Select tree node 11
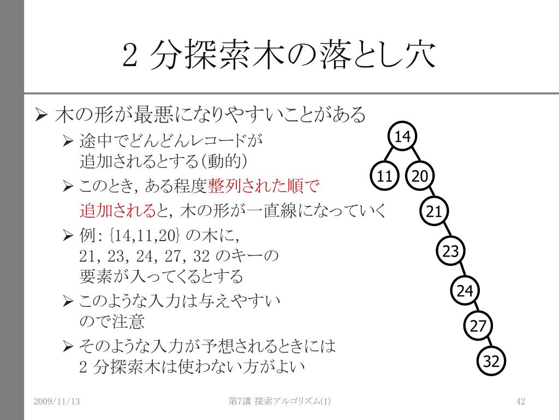click(x=385, y=176)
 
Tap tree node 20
click(x=420, y=176)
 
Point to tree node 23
click(x=451, y=252)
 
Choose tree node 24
click(x=465, y=291)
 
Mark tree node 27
click(x=478, y=326)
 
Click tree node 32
click(x=492, y=361)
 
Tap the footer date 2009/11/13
click(x=56, y=401)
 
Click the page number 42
click(x=520, y=401)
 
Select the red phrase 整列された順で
click(x=263, y=186)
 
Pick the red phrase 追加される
click(x=118, y=210)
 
